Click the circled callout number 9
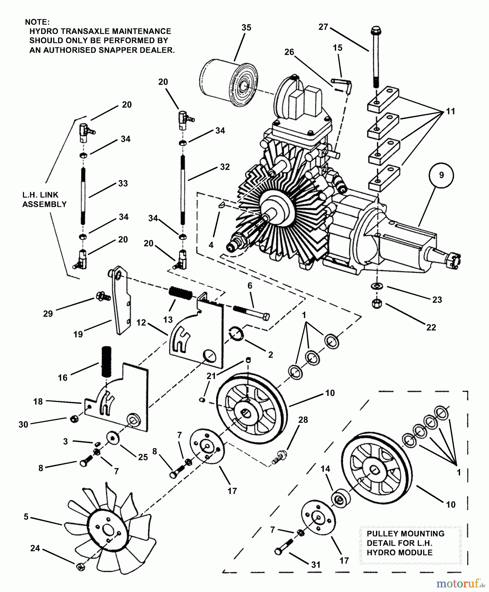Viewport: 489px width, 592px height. click(x=441, y=175)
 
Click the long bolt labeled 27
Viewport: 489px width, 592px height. click(x=375, y=59)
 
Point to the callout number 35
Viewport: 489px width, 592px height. click(x=246, y=28)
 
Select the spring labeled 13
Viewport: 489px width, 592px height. click(x=180, y=293)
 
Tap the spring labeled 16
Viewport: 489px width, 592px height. click(x=107, y=362)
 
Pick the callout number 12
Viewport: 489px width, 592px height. click(x=141, y=323)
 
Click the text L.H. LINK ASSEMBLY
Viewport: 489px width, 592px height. click(x=44, y=200)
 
